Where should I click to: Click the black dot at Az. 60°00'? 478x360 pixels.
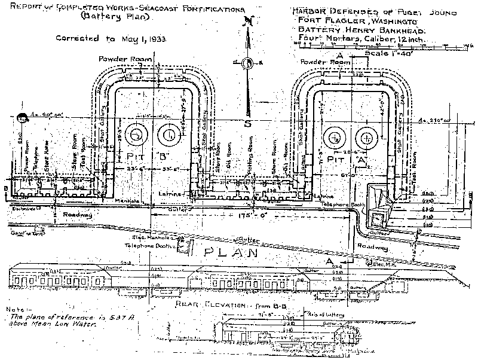(22, 118)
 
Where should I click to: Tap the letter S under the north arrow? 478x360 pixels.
(246, 124)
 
